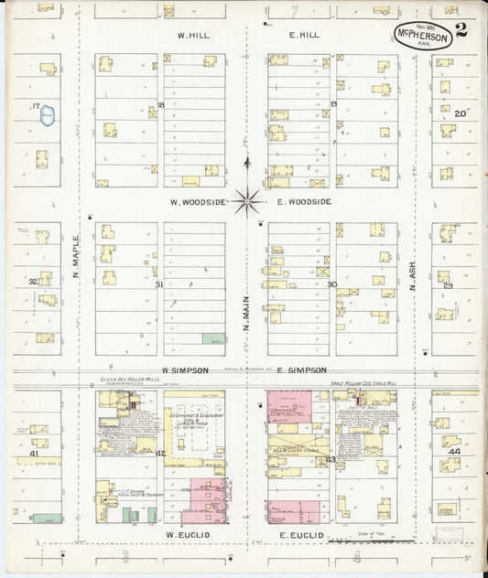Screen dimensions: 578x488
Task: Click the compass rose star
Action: [x=247, y=198]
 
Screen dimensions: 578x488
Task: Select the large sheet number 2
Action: [x=461, y=28]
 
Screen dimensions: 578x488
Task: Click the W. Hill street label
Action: [x=194, y=36]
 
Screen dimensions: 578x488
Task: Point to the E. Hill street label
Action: [x=303, y=36]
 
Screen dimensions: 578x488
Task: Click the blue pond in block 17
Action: [x=49, y=116]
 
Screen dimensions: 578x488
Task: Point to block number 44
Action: [x=454, y=452]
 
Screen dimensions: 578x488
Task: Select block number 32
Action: [x=33, y=282]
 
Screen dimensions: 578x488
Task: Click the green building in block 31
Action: [x=212, y=338]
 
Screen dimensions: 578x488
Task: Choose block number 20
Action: [x=461, y=113]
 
